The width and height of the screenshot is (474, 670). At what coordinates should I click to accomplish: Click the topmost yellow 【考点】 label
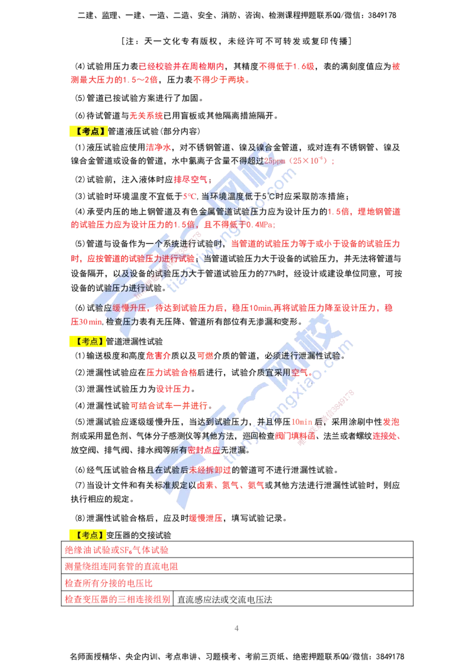(x=88, y=132)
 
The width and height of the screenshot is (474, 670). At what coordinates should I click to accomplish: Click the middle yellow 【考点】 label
(x=88, y=341)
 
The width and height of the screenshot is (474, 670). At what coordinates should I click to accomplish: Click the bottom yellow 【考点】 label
(x=88, y=534)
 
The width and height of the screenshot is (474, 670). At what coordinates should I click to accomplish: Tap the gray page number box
(x=236, y=628)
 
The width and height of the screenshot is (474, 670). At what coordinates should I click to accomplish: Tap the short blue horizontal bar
(x=290, y=428)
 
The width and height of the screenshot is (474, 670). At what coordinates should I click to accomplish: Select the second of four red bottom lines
(x=121, y=567)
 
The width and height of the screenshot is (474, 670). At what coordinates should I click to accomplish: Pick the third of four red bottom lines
(x=109, y=583)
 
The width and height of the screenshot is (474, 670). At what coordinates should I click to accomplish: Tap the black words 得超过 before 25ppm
(x=250, y=161)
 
